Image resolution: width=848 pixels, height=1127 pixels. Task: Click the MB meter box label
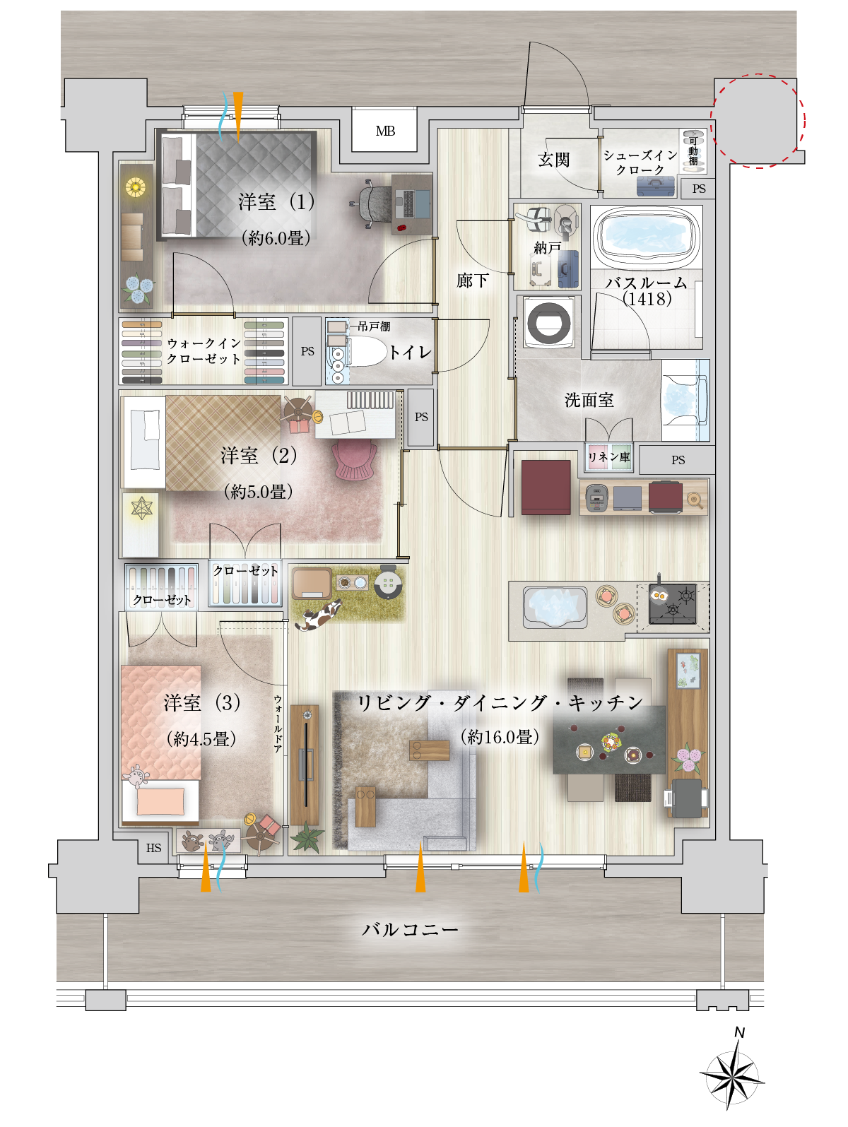click(385, 131)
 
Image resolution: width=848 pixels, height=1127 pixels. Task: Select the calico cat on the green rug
click(318, 615)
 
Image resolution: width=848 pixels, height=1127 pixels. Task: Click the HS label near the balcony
click(153, 848)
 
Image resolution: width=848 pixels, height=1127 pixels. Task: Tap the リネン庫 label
click(609, 457)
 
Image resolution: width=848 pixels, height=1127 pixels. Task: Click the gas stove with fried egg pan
click(673, 604)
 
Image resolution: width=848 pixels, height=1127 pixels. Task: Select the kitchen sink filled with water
click(555, 608)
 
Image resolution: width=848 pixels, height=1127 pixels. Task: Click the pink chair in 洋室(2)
click(354, 459)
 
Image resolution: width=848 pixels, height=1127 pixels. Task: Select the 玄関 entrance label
click(554, 160)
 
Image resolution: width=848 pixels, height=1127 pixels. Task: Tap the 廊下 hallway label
click(472, 281)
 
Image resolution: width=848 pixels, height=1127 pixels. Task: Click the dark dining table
click(609, 740)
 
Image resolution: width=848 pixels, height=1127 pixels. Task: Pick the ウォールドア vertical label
click(278, 724)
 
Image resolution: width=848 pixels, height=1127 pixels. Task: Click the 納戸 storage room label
click(547, 248)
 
